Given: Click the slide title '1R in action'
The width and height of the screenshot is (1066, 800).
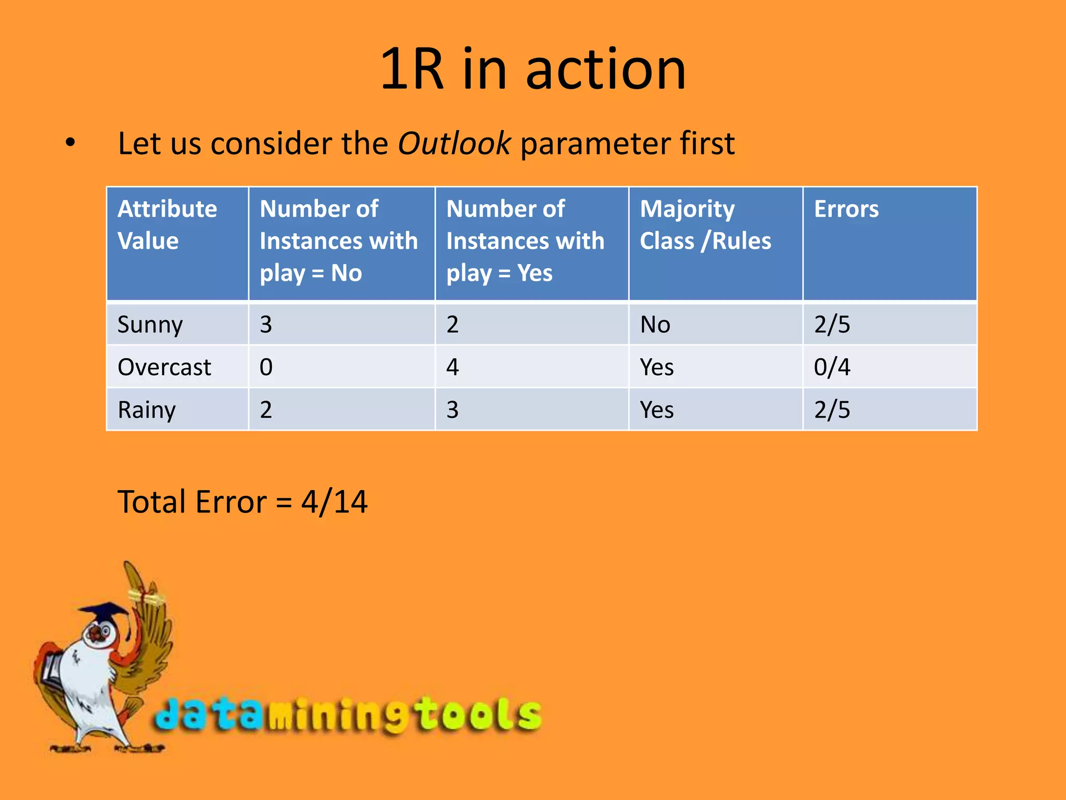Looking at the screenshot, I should [533, 69].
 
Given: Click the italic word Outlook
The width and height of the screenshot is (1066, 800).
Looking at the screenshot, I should [454, 144].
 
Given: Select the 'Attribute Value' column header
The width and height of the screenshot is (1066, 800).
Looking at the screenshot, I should [167, 225].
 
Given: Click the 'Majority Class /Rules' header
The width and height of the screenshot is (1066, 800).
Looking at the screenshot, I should [705, 225].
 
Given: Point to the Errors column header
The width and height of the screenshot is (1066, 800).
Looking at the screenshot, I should [846, 209].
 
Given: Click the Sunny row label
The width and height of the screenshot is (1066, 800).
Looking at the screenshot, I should [150, 325].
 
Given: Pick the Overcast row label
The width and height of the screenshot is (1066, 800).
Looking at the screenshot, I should [164, 368].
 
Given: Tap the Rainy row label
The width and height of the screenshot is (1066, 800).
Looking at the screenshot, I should [147, 410].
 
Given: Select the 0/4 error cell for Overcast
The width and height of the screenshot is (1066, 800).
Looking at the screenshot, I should [832, 368].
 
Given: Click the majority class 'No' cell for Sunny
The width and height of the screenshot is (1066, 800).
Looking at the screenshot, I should [655, 325].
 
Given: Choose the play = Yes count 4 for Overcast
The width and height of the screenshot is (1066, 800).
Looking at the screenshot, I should [452, 368].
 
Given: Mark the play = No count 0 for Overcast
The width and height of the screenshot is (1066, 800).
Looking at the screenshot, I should [266, 368].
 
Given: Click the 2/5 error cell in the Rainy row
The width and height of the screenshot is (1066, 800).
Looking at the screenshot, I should [832, 410].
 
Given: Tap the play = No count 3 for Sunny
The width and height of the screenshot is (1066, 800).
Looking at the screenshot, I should [266, 325].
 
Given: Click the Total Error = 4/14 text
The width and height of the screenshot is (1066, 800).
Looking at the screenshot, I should [243, 502].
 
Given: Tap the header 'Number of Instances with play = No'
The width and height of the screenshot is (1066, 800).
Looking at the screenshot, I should [338, 241].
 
